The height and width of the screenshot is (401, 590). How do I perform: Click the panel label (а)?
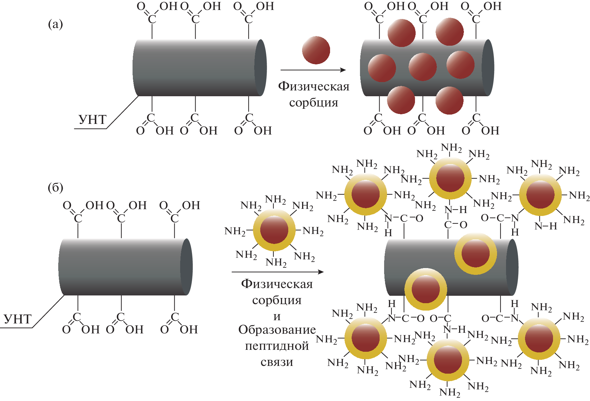point(55,24)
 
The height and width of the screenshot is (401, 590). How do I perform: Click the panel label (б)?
point(55,187)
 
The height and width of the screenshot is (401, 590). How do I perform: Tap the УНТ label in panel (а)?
point(92,120)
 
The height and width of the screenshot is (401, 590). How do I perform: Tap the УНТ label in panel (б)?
point(18,319)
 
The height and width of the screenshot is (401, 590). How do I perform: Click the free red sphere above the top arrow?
point(316,50)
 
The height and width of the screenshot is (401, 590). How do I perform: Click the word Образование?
point(277,330)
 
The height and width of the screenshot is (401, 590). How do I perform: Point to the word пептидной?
point(277,346)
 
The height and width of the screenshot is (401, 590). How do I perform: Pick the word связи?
point(277,362)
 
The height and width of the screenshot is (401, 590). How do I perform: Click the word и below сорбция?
point(277,317)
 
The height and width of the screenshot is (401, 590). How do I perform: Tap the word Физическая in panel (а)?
point(314,86)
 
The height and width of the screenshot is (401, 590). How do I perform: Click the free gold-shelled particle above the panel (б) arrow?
point(274,230)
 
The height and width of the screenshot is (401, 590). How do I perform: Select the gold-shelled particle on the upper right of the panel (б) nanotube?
point(475,253)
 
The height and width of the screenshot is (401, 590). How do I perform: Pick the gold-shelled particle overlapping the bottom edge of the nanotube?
point(426,289)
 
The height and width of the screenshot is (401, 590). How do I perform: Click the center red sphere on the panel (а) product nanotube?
point(422,67)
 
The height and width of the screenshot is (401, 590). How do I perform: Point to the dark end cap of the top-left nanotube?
point(261,68)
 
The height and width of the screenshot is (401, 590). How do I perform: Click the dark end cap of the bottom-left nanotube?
point(187,267)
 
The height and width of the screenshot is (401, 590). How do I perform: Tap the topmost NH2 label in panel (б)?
point(451,148)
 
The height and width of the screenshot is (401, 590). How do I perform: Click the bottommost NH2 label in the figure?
point(450,392)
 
